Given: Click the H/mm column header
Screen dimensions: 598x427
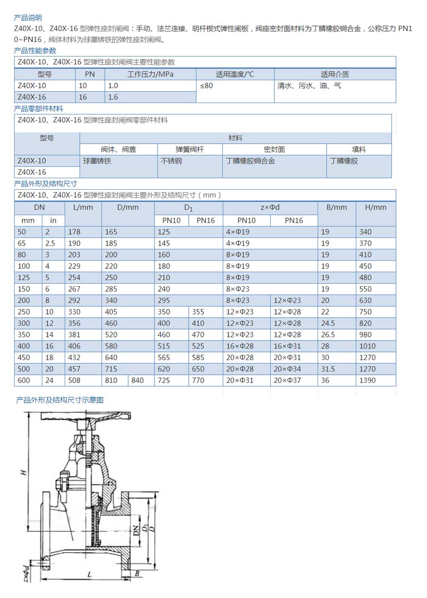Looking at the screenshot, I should pyautogui.click(x=376, y=207).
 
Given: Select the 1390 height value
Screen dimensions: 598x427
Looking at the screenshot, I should pyautogui.click(x=367, y=380).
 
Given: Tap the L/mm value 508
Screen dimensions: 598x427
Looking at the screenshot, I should pyautogui.click(x=74, y=380).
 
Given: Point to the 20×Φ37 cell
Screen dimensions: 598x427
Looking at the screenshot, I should pyautogui.click(x=287, y=380).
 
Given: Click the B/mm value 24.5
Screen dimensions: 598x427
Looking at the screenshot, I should pyautogui.click(x=328, y=323).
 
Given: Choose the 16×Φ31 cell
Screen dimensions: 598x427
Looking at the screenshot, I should pyautogui.click(x=287, y=346).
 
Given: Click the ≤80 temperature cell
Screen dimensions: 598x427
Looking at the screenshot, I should pyautogui.click(x=206, y=86).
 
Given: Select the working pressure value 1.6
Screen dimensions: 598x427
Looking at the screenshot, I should pyautogui.click(x=113, y=97).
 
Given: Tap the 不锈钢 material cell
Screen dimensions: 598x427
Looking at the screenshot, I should pyautogui.click(x=171, y=161).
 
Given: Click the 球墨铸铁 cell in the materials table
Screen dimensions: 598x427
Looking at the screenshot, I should pyautogui.click(x=97, y=161).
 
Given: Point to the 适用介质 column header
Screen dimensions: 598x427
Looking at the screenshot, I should pyautogui.click(x=334, y=74).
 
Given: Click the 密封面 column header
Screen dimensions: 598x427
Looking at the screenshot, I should pyautogui.click(x=274, y=149).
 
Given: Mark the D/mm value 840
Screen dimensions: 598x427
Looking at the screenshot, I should pyautogui.click(x=137, y=380).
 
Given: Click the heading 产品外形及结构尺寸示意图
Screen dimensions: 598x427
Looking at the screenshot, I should pyautogui.click(x=60, y=400).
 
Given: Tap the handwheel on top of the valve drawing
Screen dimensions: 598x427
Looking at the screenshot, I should pyautogui.click(x=86, y=416).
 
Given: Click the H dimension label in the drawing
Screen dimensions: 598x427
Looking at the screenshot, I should pyautogui.click(x=23, y=473).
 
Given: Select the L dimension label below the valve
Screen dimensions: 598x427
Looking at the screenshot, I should pyautogui.click(x=89, y=575).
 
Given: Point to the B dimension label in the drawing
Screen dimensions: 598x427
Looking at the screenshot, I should pyautogui.click(x=137, y=574).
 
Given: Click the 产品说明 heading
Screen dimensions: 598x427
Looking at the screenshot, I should pyautogui.click(x=28, y=18).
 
